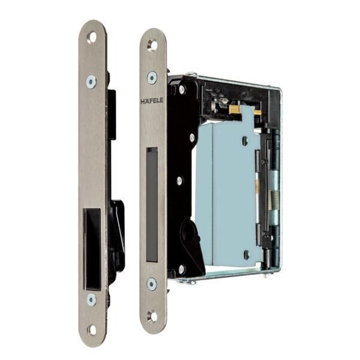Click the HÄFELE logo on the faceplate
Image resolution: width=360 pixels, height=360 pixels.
(x=152, y=101)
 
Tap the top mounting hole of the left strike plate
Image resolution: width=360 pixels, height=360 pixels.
(x=92, y=38)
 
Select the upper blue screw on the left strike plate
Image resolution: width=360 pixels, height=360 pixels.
(x=91, y=81)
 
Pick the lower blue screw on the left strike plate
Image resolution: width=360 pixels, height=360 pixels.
(x=91, y=299)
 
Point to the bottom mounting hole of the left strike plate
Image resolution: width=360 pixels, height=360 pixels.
(x=92, y=330)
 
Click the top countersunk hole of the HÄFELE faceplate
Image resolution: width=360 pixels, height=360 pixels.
(x=152, y=45)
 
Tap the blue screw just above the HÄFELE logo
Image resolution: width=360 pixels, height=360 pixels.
(x=152, y=77)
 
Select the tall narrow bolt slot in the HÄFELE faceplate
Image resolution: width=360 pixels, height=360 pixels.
(x=152, y=205)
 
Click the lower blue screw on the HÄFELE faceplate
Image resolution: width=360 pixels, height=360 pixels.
(x=152, y=284)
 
